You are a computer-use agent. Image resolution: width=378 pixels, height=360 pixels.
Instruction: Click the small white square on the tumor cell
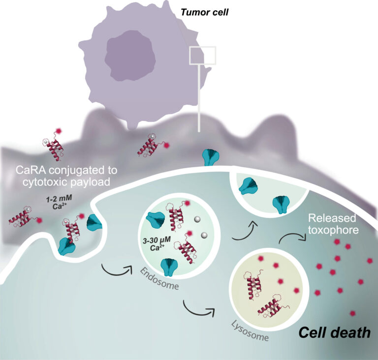pyautogui.click(x=202, y=56)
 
